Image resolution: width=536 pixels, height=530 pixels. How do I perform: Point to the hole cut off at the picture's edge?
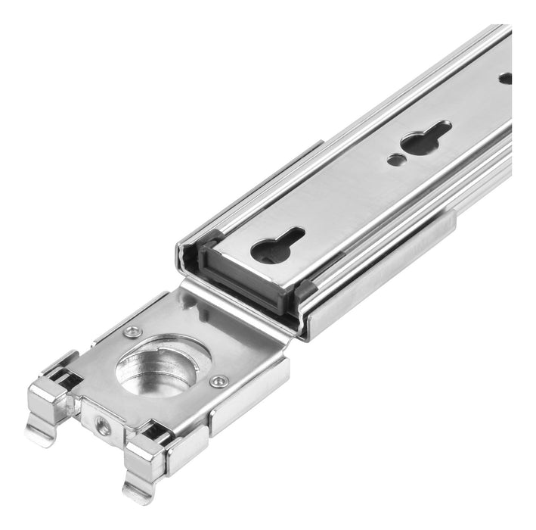pyautogui.click(x=505, y=77)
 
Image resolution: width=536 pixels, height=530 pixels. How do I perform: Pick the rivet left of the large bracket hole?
pyautogui.click(x=133, y=331)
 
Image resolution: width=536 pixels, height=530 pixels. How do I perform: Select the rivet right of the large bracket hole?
pyautogui.click(x=219, y=381)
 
